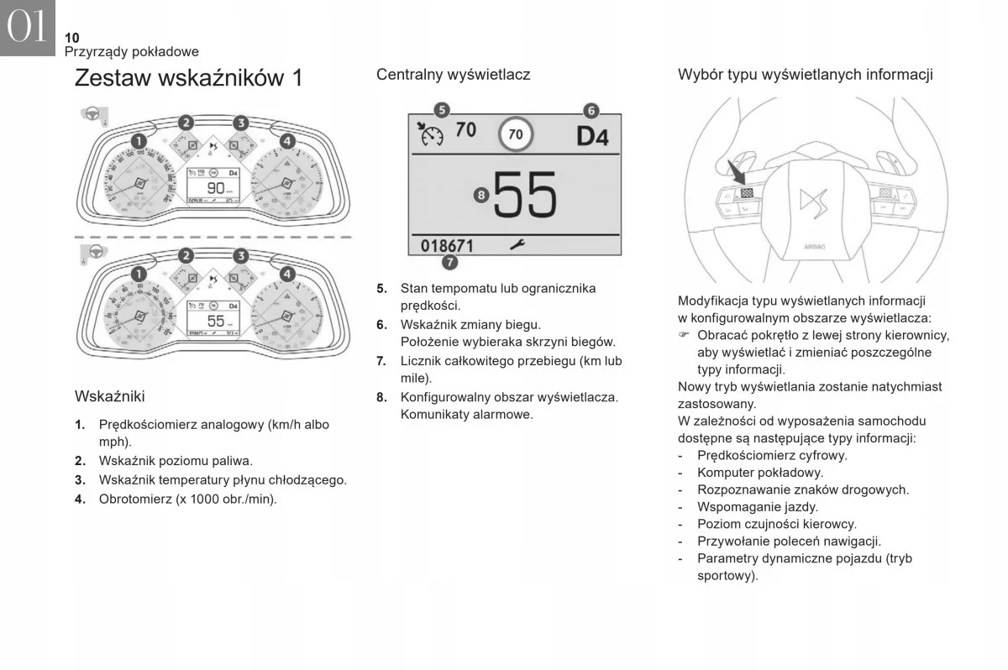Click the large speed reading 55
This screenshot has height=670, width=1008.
pos(525,196)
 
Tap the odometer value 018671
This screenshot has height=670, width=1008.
pos(447,246)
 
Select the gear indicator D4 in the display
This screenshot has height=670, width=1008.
pos(592,136)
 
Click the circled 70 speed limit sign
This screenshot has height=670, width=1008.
pos(516,134)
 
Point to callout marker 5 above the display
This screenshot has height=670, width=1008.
pos(442,110)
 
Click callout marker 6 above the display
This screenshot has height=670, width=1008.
pos(591,110)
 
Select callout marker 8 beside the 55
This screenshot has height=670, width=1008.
pos(480,195)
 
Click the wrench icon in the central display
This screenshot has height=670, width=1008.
pos(517,244)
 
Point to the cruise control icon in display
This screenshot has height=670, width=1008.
pos(430,133)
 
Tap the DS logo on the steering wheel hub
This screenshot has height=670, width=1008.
pos(812,202)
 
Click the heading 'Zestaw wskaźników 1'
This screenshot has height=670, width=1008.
pos(188,78)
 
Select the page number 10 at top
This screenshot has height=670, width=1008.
pos(71,38)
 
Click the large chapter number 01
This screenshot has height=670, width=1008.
pos(28,28)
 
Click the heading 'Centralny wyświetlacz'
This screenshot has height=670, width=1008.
pos(453,75)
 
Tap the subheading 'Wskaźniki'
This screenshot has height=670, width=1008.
pos(109,395)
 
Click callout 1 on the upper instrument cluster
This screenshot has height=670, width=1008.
pos(137,140)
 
